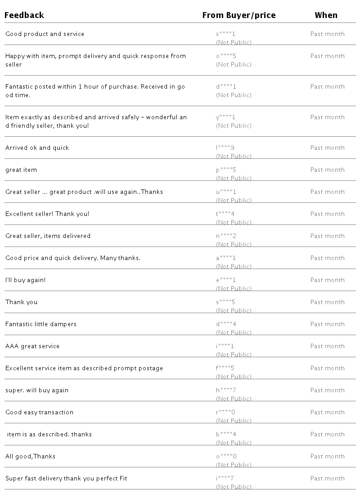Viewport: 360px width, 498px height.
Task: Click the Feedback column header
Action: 24,15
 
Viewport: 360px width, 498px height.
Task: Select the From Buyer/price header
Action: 238,15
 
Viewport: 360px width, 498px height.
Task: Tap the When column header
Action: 326,15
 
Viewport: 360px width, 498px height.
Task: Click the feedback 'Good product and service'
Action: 45,34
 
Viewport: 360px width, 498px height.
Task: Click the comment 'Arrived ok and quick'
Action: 37,148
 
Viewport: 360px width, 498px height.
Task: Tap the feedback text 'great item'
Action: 21,170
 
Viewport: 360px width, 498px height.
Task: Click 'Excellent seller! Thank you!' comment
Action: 47,214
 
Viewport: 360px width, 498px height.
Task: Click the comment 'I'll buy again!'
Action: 26,280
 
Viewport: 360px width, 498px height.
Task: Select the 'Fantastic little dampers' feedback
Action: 41,324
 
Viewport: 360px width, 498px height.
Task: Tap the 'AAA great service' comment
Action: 32,346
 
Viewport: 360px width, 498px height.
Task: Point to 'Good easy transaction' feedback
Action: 39,413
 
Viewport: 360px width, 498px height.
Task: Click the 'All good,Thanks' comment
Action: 31,457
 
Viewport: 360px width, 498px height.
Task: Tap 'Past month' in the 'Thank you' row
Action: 327,302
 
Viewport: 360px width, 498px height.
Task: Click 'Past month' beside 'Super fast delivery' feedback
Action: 327,479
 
